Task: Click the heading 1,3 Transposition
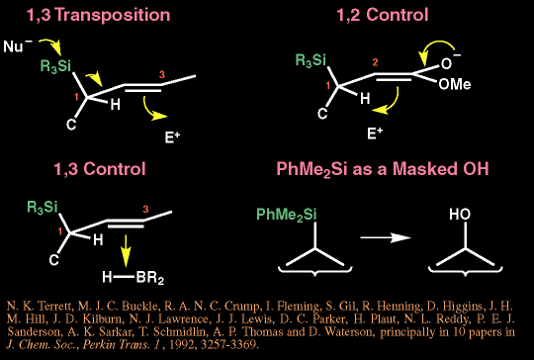click(x=99, y=15)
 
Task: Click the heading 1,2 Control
click(x=382, y=15)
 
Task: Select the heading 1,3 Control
click(x=100, y=169)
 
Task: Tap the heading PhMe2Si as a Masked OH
click(x=383, y=169)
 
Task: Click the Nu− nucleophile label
click(x=18, y=45)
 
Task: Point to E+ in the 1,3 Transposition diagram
click(x=172, y=137)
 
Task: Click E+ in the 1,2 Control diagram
click(x=375, y=134)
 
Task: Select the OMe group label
click(x=455, y=84)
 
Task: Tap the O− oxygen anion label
click(x=451, y=61)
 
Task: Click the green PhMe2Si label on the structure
click(x=287, y=215)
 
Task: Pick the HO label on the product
click(x=460, y=215)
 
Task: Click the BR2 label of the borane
click(x=150, y=278)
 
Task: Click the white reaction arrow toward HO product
click(x=386, y=237)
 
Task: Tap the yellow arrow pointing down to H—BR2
click(x=126, y=251)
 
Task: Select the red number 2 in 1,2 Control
click(x=375, y=62)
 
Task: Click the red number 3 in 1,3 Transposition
click(x=162, y=74)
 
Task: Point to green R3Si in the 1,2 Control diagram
click(x=311, y=60)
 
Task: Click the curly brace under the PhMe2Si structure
click(x=315, y=271)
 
